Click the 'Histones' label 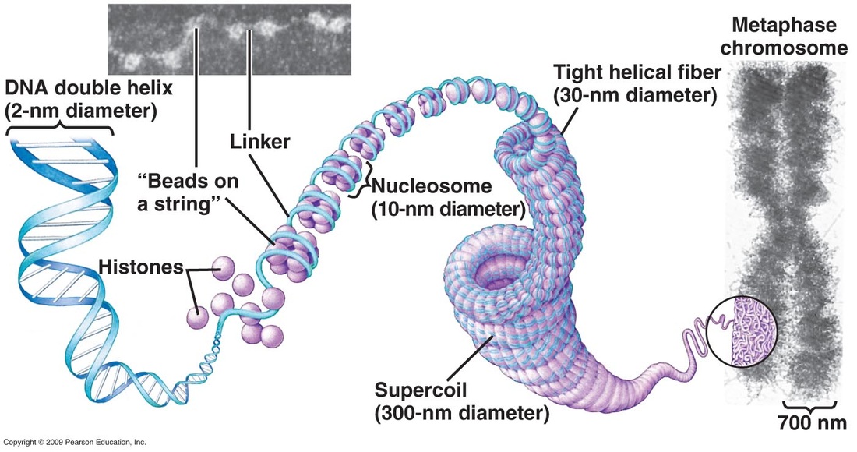(x=141, y=267)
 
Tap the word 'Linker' (x=260, y=142)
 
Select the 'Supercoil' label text (x=421, y=390)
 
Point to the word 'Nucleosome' (x=432, y=186)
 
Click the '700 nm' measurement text (x=812, y=423)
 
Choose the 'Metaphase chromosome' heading (x=784, y=36)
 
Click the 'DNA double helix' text (x=89, y=87)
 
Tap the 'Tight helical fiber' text (x=637, y=72)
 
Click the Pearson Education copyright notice (x=75, y=442)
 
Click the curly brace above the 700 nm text (x=810, y=405)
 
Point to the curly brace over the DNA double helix (x=60, y=129)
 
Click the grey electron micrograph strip (x=229, y=39)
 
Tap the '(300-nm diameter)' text (x=462, y=413)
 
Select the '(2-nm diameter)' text (x=81, y=111)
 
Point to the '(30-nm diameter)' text (x=635, y=95)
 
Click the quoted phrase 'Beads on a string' (x=188, y=192)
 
